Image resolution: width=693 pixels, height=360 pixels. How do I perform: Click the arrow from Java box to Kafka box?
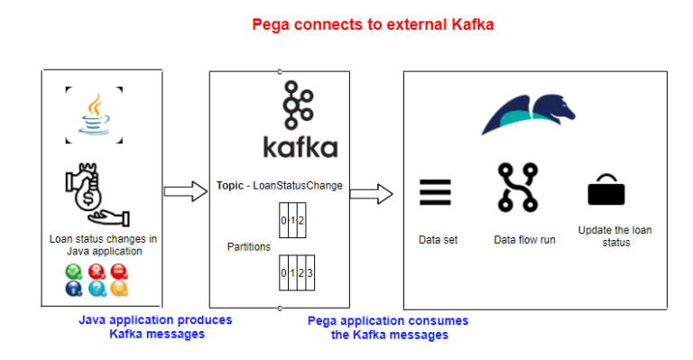click(x=186, y=190)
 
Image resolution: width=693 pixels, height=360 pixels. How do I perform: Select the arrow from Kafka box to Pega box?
click(x=372, y=192)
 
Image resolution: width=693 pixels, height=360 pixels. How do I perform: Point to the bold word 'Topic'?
click(x=230, y=186)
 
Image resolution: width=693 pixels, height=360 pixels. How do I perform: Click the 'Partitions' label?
click(x=249, y=246)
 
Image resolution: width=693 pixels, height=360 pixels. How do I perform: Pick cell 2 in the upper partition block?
click(x=300, y=220)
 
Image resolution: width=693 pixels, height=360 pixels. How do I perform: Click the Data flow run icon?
click(x=517, y=187)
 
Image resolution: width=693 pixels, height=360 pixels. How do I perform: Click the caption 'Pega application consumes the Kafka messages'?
click(x=388, y=328)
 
